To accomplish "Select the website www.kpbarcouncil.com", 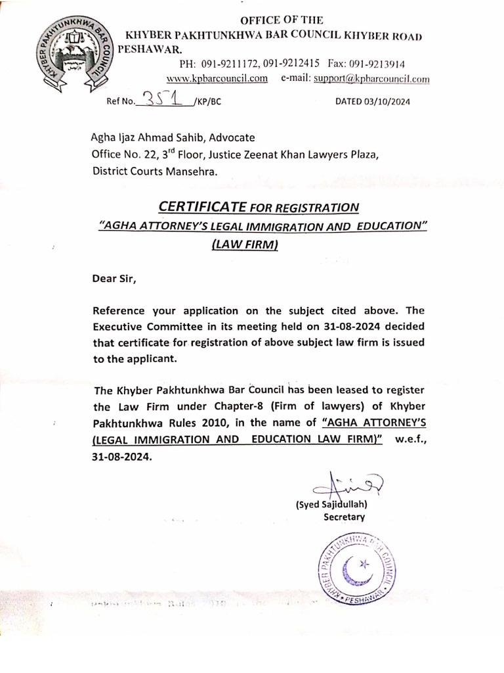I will click(217, 78).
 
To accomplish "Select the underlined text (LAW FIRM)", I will click(245, 245).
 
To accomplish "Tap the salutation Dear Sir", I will click(115, 278).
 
